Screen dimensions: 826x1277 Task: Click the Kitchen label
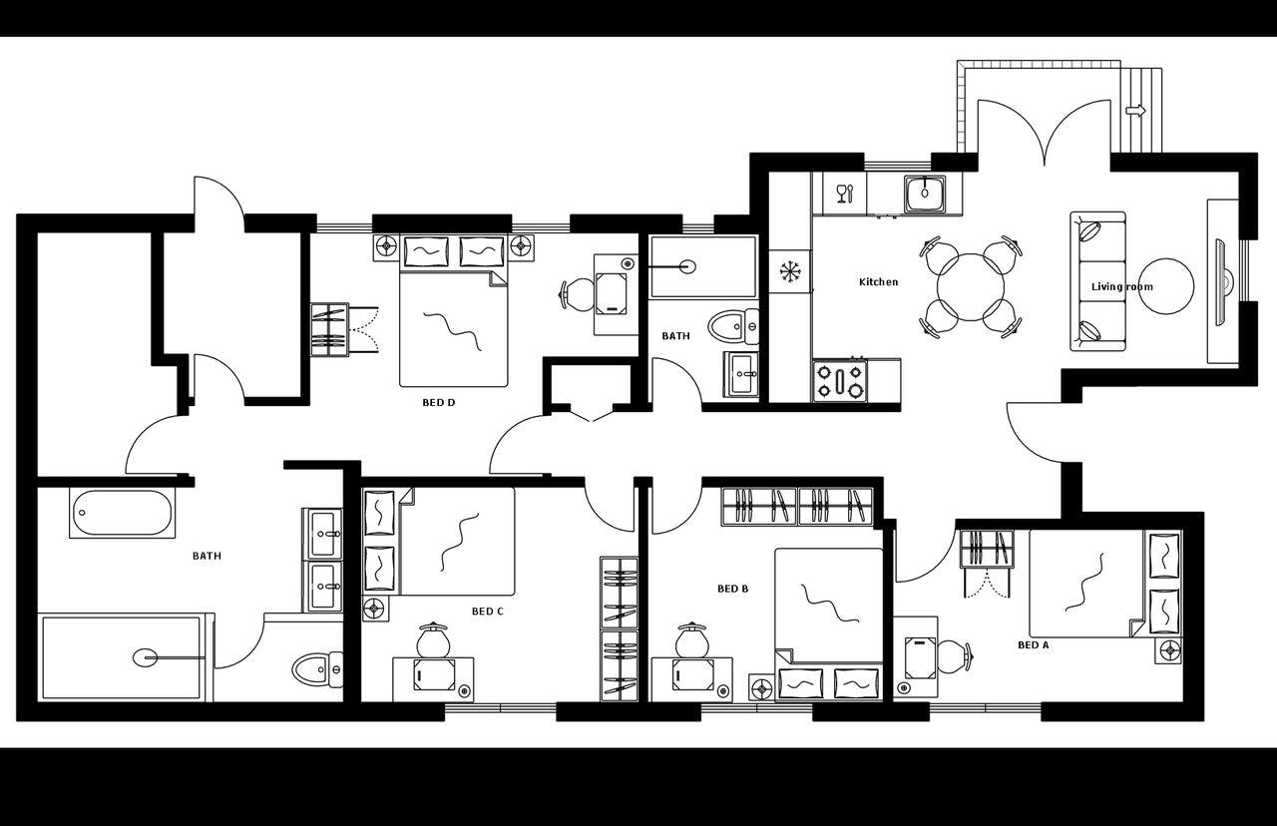pyautogui.click(x=878, y=282)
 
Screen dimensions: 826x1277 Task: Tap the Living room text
pyautogui.click(x=1121, y=287)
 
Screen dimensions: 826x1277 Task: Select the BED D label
pyautogui.click(x=438, y=403)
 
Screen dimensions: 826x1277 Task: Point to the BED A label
pyautogui.click(x=1033, y=645)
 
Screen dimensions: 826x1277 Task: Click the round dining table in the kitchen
pyautogui.click(x=970, y=287)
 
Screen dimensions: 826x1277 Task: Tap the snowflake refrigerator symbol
pyautogui.click(x=790, y=270)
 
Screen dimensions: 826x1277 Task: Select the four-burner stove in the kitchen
pyautogui.click(x=840, y=380)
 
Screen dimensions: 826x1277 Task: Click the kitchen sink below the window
pyautogui.click(x=925, y=193)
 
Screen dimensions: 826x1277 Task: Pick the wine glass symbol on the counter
pyautogui.click(x=843, y=193)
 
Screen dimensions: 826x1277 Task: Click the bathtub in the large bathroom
pyautogui.click(x=123, y=514)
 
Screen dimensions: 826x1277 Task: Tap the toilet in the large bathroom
pyautogui.click(x=317, y=668)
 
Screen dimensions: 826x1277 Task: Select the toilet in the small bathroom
pyautogui.click(x=732, y=325)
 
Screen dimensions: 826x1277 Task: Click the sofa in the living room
pyautogui.click(x=1097, y=281)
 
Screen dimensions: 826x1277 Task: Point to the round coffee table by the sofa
pyautogui.click(x=1165, y=286)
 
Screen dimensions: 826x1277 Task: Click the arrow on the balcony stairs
pyautogui.click(x=1135, y=111)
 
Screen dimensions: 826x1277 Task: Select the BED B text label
pyautogui.click(x=732, y=589)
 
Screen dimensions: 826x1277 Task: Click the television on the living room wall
pyautogui.click(x=1221, y=281)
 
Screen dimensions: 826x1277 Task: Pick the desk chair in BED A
pyautogui.click(x=953, y=655)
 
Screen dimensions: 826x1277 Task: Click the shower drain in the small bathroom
pyautogui.click(x=686, y=266)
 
